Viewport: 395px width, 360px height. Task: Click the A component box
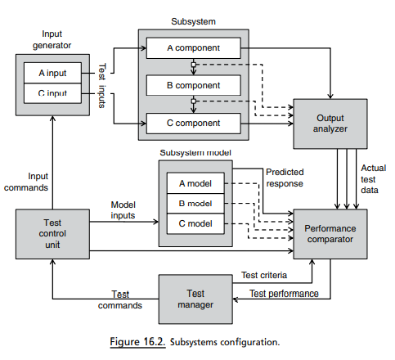tap(193, 47)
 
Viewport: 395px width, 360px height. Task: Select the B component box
tap(193, 85)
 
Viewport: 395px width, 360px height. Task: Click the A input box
tap(52, 72)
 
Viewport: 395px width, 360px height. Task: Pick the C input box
tap(52, 93)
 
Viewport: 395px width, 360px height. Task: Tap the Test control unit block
tap(51, 234)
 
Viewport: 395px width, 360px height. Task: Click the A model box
tap(195, 183)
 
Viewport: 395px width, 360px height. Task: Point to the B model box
tap(195, 204)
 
